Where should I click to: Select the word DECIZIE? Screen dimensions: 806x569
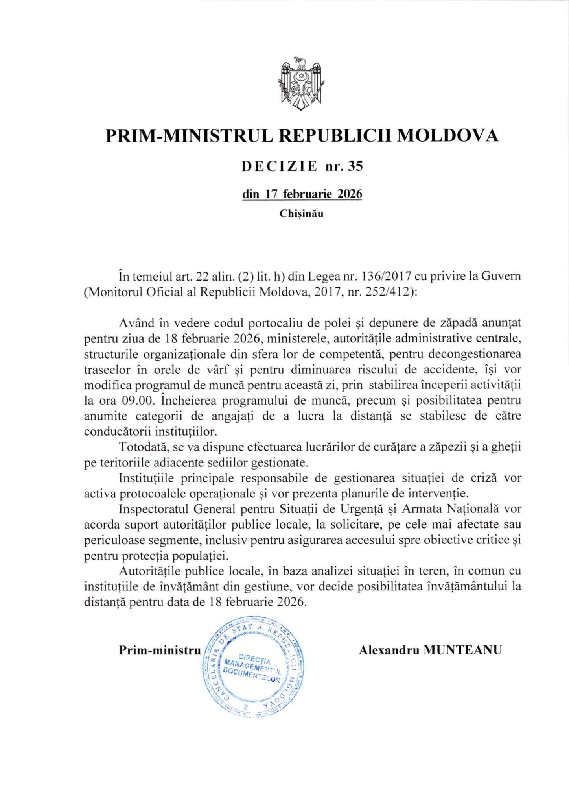click(279, 166)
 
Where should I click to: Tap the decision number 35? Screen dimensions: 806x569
click(355, 166)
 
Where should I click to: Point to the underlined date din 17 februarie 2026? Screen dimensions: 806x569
click(302, 194)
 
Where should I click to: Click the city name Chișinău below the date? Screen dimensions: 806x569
click(302, 214)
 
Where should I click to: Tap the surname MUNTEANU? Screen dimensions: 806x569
click(462, 650)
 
